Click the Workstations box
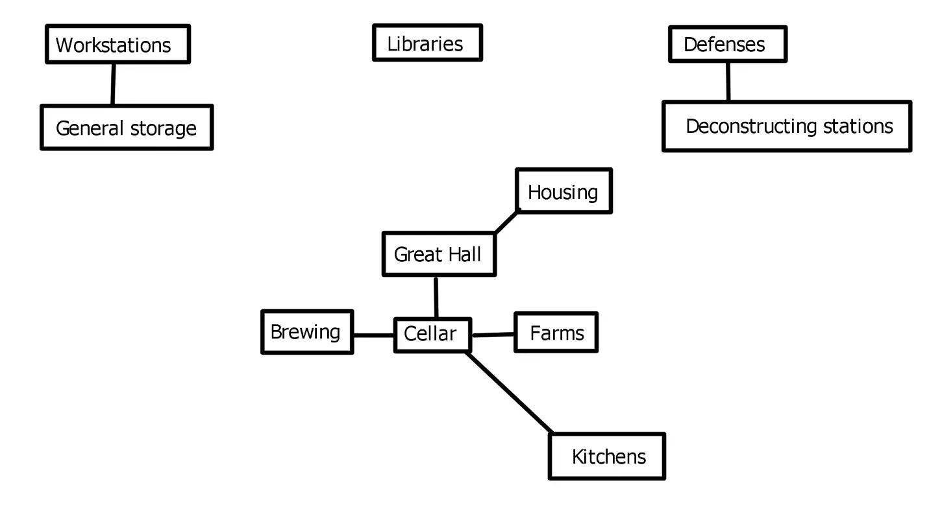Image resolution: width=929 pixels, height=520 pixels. pos(118,44)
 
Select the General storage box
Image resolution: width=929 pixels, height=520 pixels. pos(127,128)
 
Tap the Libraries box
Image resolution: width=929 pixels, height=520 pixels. pos(427,43)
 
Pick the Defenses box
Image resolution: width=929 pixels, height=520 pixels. pos(727,44)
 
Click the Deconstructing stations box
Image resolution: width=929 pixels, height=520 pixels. pos(786,126)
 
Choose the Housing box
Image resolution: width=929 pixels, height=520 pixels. pos(564,191)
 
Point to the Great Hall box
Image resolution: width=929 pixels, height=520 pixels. pos(439,254)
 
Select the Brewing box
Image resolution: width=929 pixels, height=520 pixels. pos(307,332)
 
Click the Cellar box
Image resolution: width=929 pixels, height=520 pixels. pos(432,335)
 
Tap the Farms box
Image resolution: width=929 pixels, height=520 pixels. pos(556,333)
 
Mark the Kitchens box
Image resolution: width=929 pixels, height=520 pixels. pos(607,456)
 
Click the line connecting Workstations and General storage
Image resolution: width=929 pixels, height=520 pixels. pos(113,84)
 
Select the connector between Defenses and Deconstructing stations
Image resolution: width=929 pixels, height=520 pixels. pos(728,82)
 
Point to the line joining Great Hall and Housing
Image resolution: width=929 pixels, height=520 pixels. pos(507,222)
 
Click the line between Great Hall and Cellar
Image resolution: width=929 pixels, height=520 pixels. pos(436,298)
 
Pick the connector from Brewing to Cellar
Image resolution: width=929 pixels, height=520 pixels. pos(373,335)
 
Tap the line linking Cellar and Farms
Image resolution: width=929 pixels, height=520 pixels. pos(493,335)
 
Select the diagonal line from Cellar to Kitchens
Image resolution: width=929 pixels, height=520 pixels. pos(510,393)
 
